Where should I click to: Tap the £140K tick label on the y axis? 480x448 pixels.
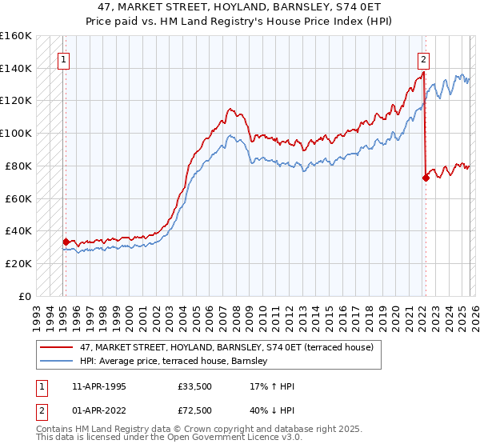15,68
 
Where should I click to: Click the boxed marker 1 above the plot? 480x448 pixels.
63,58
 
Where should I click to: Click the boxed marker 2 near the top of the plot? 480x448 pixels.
423,58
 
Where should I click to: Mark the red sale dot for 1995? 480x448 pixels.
66,241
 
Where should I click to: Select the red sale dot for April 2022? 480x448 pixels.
425,178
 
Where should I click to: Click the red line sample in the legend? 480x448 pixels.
58,348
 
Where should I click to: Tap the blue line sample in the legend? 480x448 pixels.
58,362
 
